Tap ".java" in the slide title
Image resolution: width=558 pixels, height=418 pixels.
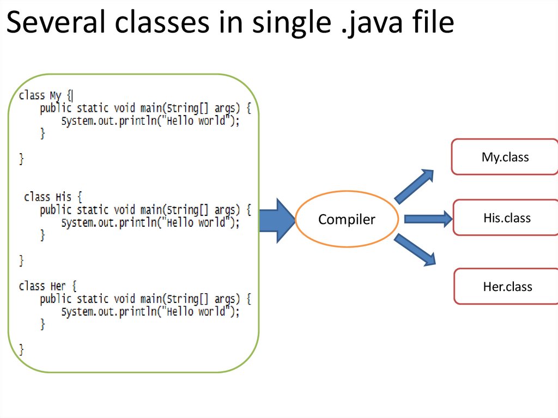point(372,23)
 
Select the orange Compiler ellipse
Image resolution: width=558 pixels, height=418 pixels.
point(347,220)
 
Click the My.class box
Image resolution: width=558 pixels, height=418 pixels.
point(505,157)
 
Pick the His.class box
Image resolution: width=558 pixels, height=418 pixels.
point(506,218)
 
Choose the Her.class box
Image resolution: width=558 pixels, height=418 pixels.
point(507,286)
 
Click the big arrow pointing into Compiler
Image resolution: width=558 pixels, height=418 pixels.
point(277,220)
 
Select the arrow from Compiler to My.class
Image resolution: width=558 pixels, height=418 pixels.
point(414,186)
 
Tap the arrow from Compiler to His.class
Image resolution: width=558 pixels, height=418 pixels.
point(428,219)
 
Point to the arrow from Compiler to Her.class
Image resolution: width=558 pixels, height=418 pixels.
point(415,250)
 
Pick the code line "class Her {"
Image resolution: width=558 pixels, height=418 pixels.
point(48,286)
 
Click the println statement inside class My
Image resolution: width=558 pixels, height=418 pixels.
point(150,121)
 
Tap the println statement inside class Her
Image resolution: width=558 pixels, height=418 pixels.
point(150,312)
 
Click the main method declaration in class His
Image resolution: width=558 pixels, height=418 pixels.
point(145,210)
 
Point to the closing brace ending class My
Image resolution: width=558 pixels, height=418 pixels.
point(22,159)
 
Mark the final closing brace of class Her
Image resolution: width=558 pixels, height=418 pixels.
point(22,349)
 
